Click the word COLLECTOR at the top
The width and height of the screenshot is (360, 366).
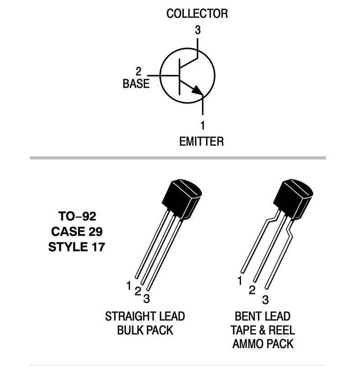[197, 14]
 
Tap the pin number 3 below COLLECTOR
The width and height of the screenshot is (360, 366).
[198, 31]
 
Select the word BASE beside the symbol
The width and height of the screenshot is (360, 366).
[136, 84]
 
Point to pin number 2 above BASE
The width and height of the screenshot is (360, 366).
[138, 72]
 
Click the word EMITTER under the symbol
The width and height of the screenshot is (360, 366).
[201, 141]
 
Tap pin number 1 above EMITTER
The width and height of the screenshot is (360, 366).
[202, 124]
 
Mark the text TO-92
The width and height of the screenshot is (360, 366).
[77, 215]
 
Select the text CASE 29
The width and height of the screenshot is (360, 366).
[77, 231]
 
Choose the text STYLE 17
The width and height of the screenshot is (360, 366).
[77, 247]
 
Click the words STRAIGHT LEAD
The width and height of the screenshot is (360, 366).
[145, 316]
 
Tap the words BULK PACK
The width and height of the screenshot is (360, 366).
[145, 330]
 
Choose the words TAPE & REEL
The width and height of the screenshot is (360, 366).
[262, 330]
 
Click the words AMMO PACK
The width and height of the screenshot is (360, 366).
[262, 344]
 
